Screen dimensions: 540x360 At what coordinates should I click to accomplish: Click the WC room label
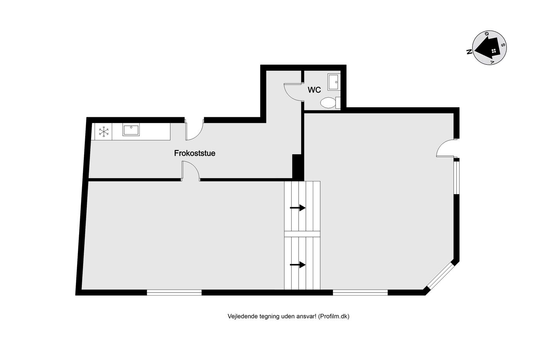[314, 90]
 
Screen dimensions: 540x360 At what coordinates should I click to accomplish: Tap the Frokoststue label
[194, 153]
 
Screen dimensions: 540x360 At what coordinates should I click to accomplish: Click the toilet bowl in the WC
[330, 103]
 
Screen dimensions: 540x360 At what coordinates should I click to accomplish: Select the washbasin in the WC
[334, 82]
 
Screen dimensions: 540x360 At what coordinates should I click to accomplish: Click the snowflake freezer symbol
[104, 132]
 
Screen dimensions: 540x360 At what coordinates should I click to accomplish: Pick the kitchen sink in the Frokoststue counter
[131, 130]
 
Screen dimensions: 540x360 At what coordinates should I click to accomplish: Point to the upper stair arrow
[297, 208]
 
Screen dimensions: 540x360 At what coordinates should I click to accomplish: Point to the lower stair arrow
[297, 265]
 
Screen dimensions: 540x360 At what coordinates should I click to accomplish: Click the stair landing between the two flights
[302, 234]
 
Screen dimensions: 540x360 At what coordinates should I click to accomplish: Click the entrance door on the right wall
[445, 148]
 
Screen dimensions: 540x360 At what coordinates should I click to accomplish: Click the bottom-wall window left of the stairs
[174, 292]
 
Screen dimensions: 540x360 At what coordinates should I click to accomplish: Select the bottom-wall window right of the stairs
[360, 292]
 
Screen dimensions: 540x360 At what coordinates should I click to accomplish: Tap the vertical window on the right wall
[456, 177]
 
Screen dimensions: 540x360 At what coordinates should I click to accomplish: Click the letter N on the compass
[469, 52]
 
